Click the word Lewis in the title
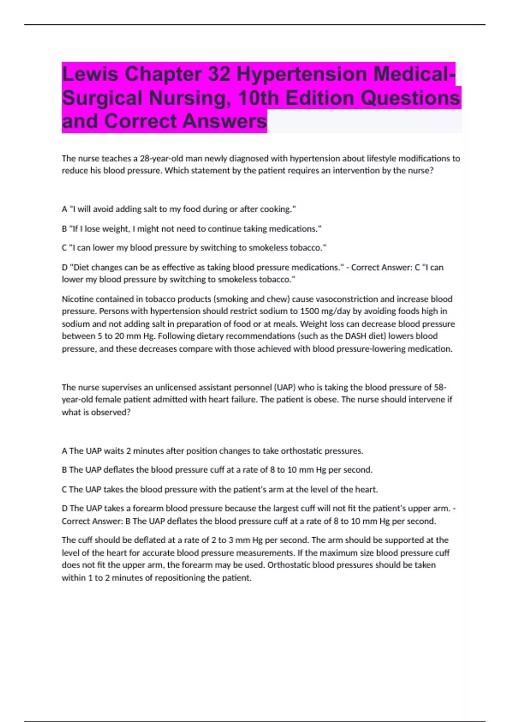tap(90, 74)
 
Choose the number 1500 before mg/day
tap(309, 311)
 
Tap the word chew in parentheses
tap(277, 299)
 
